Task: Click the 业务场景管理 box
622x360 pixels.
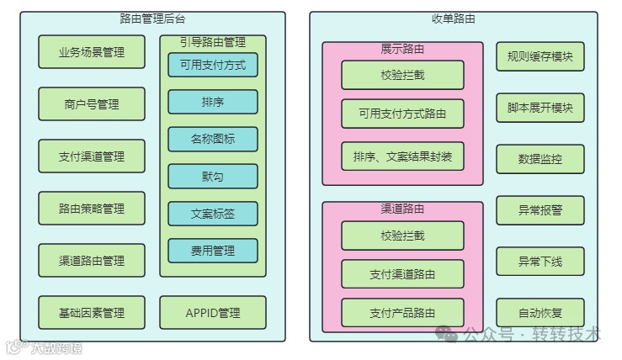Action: (92, 52)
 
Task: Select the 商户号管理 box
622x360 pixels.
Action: (92, 104)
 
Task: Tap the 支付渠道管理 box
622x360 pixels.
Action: (92, 156)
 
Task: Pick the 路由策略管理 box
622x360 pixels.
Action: (92, 209)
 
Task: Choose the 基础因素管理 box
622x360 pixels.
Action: (92, 313)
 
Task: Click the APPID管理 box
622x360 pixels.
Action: (213, 313)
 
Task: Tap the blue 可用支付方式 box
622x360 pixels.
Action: (213, 65)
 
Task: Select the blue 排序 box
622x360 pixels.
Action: (213, 102)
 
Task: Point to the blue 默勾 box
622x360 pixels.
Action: (213, 176)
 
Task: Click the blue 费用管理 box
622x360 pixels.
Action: (213, 251)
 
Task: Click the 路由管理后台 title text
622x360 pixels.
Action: (152, 19)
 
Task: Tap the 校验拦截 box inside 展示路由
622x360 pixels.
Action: (402, 75)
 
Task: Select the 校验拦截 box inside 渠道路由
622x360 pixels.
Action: (402, 236)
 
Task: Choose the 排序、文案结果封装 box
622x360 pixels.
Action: (402, 156)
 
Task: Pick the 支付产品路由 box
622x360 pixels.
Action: (402, 313)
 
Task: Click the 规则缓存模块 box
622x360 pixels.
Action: (540, 57)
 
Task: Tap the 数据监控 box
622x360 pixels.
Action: (540, 159)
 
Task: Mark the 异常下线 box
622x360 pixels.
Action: (540, 262)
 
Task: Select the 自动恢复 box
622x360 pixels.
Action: (540, 313)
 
